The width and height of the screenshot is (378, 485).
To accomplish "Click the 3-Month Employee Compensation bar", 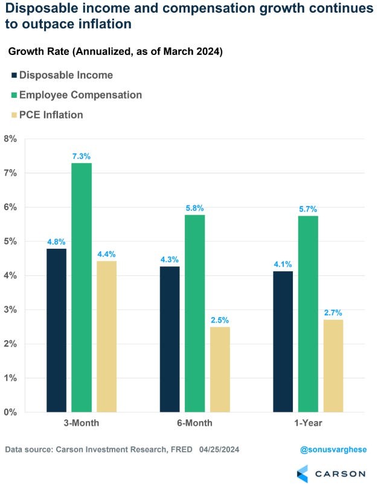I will [82, 287].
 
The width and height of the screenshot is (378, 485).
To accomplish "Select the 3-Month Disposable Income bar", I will [57, 330].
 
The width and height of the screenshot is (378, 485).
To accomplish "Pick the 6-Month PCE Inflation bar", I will [220, 369].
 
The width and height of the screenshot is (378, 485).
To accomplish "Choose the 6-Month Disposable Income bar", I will [170, 339].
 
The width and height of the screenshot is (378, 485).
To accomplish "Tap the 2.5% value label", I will [220, 320].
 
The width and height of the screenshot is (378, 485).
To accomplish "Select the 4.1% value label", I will [283, 265].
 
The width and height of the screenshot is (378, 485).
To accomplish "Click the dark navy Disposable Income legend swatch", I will [13, 75].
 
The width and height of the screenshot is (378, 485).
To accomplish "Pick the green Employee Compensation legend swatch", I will [13, 95].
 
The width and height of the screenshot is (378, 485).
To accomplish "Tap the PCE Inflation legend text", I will [51, 115].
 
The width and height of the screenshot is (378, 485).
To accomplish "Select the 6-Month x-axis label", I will [194, 423].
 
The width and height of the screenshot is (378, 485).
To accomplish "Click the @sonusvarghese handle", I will [333, 450].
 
